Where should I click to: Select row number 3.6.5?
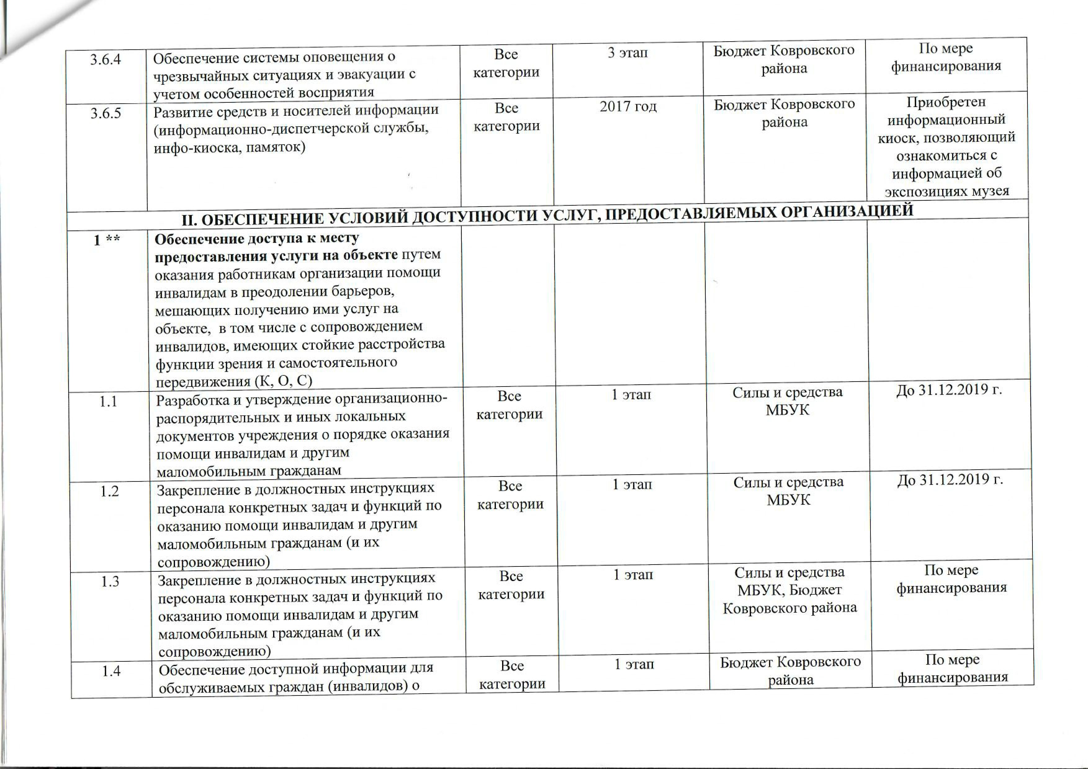[106, 114]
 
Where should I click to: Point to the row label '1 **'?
[106, 240]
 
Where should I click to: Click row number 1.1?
[108, 401]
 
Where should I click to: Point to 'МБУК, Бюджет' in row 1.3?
[789, 590]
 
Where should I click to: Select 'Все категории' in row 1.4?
[512, 675]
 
